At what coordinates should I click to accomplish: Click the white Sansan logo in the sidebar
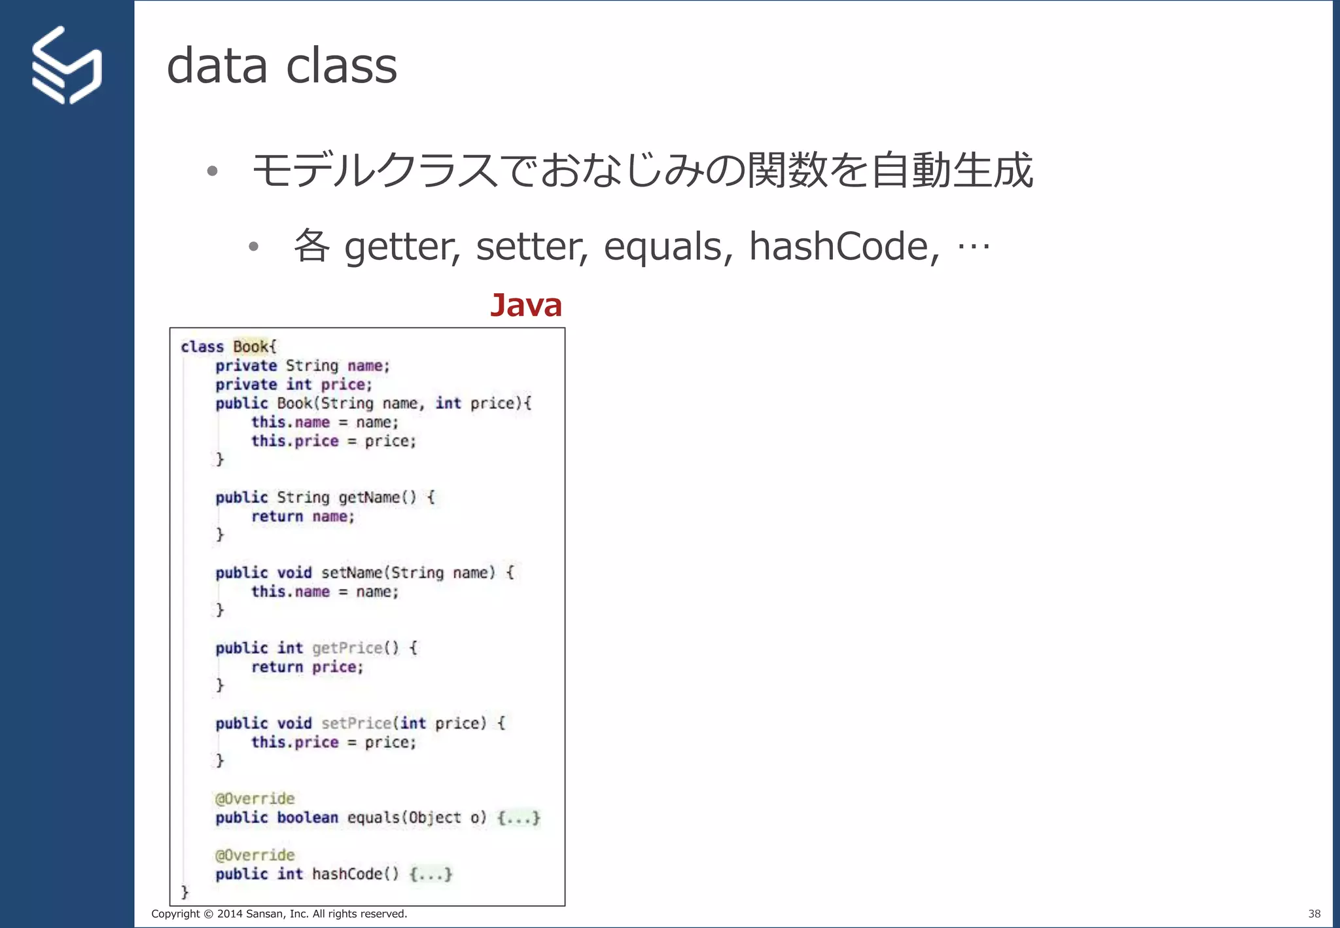click(66, 65)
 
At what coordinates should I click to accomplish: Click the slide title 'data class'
click(281, 65)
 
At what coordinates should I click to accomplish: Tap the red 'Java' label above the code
click(526, 305)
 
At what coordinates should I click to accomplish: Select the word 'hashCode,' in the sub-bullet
click(844, 247)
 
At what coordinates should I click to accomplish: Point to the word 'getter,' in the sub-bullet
click(402, 247)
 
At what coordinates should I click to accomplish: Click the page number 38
click(1314, 914)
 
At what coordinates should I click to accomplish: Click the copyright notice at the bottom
click(279, 914)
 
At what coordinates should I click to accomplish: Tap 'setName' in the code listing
click(351, 573)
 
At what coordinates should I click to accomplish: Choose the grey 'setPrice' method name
click(356, 723)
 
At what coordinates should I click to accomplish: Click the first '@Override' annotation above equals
click(255, 798)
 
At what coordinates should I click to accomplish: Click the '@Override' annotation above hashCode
click(255, 855)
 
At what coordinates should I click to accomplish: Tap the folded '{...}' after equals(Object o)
click(518, 818)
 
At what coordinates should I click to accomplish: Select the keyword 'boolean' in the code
click(308, 818)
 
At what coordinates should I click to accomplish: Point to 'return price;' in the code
click(307, 667)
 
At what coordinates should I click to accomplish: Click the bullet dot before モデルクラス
click(211, 171)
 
